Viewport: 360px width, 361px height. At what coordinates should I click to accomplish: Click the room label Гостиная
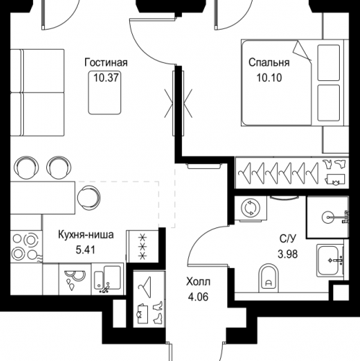click(106, 63)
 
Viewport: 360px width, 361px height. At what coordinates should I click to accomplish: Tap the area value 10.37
click(106, 78)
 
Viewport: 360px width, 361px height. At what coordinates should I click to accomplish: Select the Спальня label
click(269, 63)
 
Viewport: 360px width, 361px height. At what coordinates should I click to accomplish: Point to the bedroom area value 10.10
click(269, 78)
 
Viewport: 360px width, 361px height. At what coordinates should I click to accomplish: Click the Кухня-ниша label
click(86, 235)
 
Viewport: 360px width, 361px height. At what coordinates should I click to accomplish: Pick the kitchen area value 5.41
click(86, 250)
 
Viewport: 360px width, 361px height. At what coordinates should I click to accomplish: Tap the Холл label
click(198, 282)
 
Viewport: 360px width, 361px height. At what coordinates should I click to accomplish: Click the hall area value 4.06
click(198, 297)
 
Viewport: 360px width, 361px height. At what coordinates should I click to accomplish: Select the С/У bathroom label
click(288, 238)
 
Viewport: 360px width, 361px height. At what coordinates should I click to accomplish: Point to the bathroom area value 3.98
click(288, 254)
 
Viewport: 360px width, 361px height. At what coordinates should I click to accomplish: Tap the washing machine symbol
click(250, 208)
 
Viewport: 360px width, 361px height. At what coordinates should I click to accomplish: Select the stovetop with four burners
click(26, 246)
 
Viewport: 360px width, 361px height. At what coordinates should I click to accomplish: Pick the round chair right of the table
click(89, 198)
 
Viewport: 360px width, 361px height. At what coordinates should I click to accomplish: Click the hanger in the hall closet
click(145, 284)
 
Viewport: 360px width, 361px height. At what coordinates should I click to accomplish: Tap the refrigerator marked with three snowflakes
click(143, 246)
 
